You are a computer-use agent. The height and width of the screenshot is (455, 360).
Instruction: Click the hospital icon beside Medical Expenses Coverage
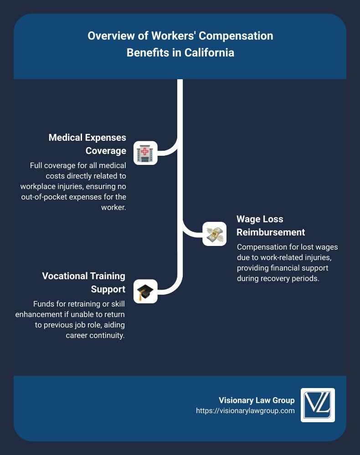[x=145, y=153]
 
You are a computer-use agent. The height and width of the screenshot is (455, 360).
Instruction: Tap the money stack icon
[x=214, y=234]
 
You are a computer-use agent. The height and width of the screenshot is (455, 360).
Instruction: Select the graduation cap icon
[x=145, y=291]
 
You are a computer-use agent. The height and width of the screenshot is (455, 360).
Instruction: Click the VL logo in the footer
[x=318, y=405]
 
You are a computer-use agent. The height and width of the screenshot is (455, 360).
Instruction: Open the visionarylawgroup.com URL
[x=245, y=411]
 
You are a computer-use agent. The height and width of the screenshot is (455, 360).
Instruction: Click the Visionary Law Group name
[x=257, y=400]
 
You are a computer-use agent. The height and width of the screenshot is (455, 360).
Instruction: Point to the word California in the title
[x=209, y=52]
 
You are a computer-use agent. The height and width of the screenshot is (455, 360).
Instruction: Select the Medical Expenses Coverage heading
[x=87, y=144]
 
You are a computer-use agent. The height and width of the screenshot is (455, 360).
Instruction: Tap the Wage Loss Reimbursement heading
[x=271, y=225]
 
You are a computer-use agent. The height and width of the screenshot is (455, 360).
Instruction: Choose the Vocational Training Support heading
[x=83, y=282]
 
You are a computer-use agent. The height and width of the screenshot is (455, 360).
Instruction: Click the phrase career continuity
[x=95, y=335]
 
